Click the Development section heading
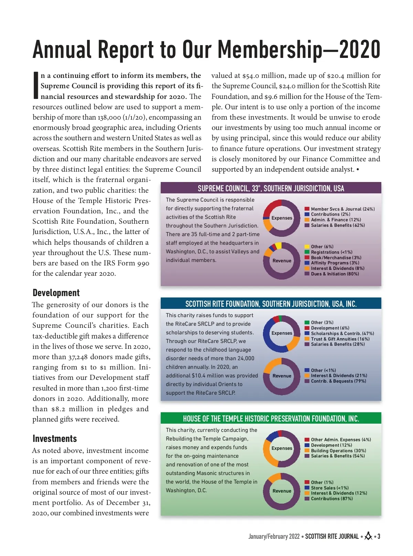click(x=56, y=293)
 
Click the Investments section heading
click(x=55, y=439)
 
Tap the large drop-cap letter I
click(x=36, y=85)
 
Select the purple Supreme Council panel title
click(x=271, y=188)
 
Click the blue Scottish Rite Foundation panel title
click(x=271, y=304)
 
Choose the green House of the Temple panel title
click(x=271, y=418)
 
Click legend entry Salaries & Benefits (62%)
click(x=338, y=225)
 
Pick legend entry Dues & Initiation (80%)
click(x=335, y=274)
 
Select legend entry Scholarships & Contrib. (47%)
click(x=342, y=334)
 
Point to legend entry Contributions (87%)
click(x=331, y=499)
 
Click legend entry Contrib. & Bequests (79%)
click(x=338, y=381)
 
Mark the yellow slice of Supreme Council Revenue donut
click(x=278, y=245)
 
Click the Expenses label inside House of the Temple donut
click(x=282, y=448)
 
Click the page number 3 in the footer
click(x=379, y=536)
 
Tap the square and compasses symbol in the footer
click(x=368, y=536)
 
